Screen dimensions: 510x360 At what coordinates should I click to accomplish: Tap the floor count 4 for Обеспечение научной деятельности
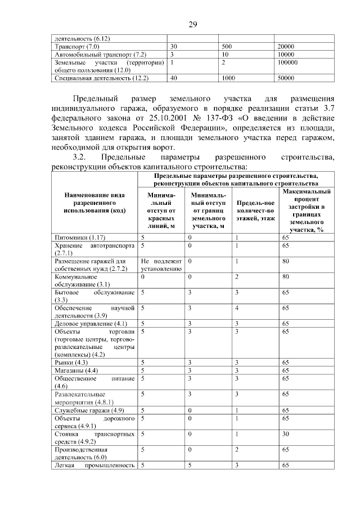pyautogui.click(x=237, y=308)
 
